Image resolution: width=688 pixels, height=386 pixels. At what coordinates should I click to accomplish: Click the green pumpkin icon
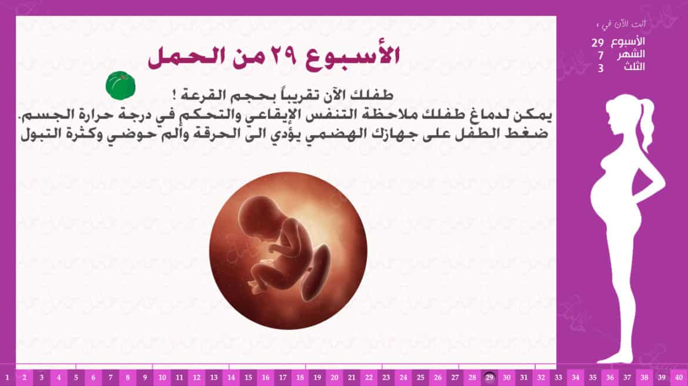pos(120,86)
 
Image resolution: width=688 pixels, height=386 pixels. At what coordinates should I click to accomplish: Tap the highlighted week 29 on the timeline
pos(489,377)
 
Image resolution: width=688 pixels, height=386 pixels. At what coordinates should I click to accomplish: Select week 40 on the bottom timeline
pos(679,377)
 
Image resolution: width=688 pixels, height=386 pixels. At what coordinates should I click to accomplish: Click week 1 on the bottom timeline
pos(7,377)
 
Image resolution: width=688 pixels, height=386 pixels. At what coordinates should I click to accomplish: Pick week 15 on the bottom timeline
pos(248,377)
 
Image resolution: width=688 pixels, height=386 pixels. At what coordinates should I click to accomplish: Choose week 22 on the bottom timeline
pos(369,377)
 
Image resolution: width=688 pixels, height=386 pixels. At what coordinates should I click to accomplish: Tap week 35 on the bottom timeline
pos(593,377)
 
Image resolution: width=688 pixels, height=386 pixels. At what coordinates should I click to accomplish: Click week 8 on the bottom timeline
pos(128,377)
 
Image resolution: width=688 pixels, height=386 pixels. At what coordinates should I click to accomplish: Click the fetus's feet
pos(257,285)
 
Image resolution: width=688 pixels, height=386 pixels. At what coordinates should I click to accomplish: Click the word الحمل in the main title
pos(187,57)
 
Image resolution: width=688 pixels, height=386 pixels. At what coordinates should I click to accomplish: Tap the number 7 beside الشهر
pos(601,55)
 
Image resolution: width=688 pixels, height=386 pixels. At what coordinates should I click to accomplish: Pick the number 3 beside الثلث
pos(601,68)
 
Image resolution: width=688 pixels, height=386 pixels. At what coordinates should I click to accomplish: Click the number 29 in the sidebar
pos(597,43)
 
